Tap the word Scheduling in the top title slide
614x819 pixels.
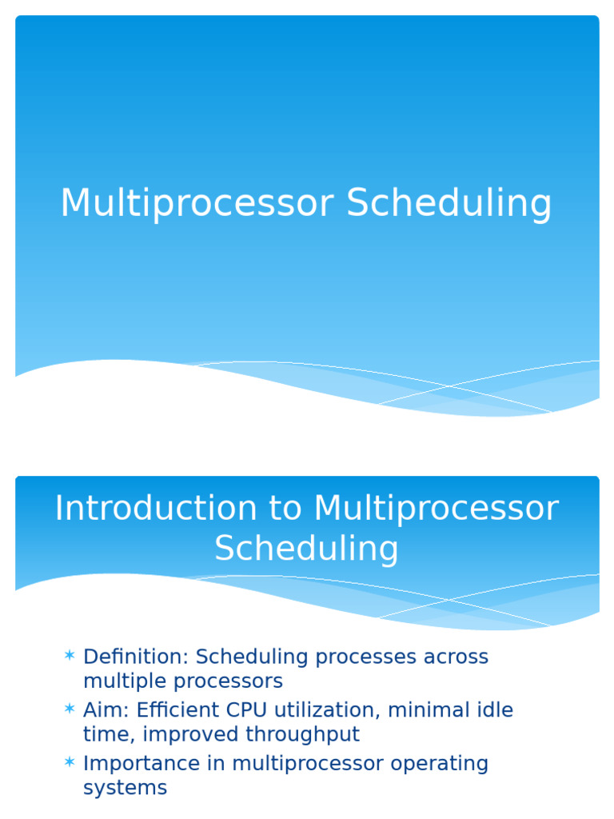pos(449,205)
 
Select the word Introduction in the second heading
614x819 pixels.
pos(144,509)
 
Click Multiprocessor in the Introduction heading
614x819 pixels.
pos(436,509)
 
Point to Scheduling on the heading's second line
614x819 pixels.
pos(306,549)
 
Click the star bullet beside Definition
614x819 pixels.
pos(70,657)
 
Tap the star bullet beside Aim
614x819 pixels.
pos(70,709)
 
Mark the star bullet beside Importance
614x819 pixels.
pos(70,763)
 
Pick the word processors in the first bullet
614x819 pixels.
pos(231,681)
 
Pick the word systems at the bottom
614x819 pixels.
pos(125,788)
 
